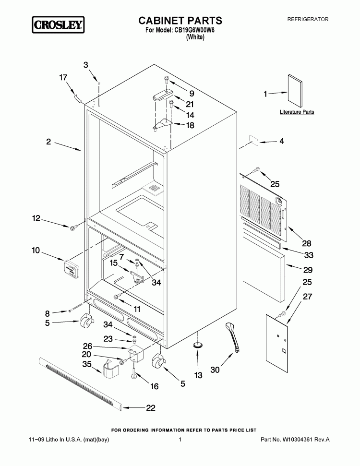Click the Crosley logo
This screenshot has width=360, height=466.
58,24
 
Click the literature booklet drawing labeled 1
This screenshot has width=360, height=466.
295,91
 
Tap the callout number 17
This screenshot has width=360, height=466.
63,78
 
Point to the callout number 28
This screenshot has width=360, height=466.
307,243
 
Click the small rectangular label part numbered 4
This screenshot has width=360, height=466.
253,140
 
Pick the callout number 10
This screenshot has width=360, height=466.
36,251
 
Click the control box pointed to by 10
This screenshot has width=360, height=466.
72,268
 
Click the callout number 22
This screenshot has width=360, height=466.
151,408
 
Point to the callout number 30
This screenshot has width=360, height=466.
215,370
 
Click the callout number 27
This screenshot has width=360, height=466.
308,297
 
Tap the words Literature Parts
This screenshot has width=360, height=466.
297,112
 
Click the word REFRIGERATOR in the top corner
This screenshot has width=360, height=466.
308,19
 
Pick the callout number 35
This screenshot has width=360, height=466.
87,364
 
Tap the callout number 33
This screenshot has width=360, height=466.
309,255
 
